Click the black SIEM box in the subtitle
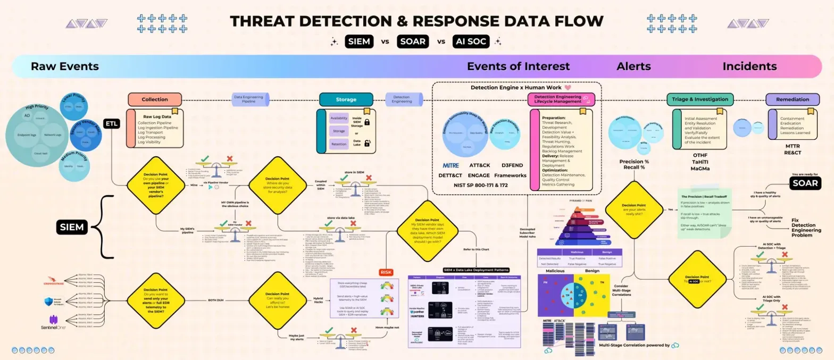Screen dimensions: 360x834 point(360,41)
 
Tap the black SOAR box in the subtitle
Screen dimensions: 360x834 point(412,41)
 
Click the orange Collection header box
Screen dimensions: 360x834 point(155,99)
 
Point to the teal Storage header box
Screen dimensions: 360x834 point(345,99)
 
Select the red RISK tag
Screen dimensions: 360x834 point(386,272)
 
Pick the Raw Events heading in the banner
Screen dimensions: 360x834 point(64,66)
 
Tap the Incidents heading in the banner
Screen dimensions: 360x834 point(749,66)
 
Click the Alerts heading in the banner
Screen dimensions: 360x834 point(633,66)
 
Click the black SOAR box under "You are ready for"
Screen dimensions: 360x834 point(804,183)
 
